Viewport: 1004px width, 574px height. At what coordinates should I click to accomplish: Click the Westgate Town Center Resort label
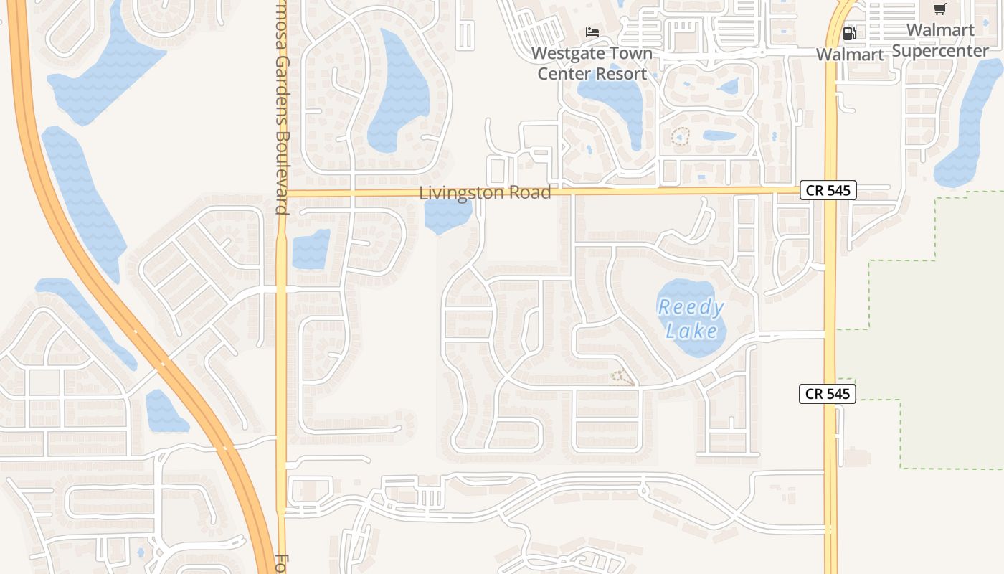(x=592, y=64)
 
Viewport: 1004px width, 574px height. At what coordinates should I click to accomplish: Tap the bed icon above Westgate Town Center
(x=592, y=32)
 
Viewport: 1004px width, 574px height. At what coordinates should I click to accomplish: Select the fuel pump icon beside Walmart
(x=850, y=33)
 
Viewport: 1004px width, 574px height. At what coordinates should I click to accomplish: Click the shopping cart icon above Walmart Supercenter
(x=939, y=9)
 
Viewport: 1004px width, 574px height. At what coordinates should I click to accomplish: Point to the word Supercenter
(x=940, y=51)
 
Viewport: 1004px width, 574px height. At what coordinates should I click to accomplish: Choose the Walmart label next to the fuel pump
(x=850, y=55)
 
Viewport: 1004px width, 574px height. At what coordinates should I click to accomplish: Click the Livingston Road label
(x=485, y=192)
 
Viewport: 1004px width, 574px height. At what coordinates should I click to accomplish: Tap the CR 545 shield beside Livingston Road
(x=828, y=190)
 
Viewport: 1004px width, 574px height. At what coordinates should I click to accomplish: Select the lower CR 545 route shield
(x=828, y=393)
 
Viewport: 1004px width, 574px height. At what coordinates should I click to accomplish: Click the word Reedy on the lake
(x=691, y=308)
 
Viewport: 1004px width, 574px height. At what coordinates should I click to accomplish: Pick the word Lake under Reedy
(x=691, y=331)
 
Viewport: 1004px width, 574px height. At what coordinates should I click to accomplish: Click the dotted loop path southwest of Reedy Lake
(x=622, y=377)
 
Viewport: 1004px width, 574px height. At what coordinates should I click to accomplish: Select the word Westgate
(x=562, y=54)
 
